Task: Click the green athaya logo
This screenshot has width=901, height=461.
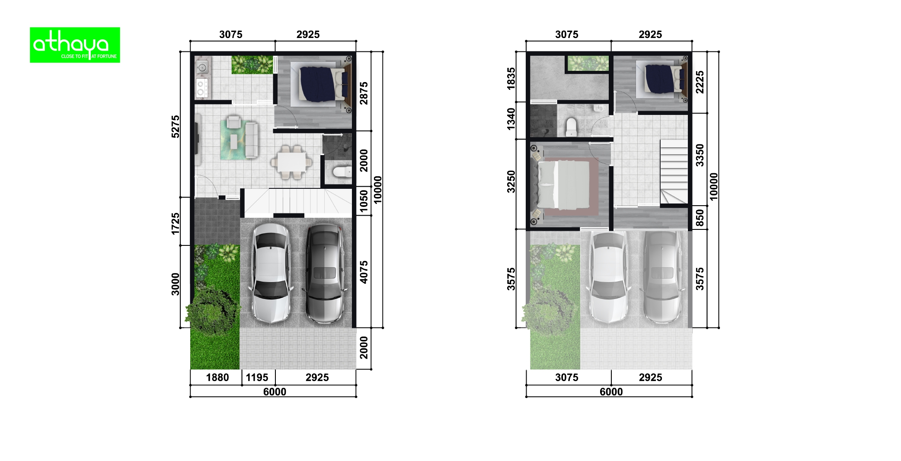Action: point(75,45)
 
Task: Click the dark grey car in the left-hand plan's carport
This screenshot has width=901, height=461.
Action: point(324,273)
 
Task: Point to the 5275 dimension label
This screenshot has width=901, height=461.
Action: point(175,126)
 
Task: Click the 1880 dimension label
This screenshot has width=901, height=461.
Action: point(217,378)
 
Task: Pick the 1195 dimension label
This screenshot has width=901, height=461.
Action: point(257,378)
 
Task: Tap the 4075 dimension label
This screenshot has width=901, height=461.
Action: point(364,272)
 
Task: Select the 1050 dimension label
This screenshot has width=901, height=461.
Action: point(364,201)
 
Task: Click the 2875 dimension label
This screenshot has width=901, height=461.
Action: point(364,93)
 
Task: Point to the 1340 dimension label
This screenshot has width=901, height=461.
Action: point(511,119)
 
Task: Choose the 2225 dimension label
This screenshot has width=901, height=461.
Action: point(700,82)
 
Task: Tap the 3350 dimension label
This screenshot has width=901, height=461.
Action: point(700,156)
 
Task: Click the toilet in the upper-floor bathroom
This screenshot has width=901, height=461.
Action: point(571,126)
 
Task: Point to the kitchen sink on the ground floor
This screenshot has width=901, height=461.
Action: point(202,67)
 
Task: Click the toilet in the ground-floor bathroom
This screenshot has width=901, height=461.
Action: point(342,173)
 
